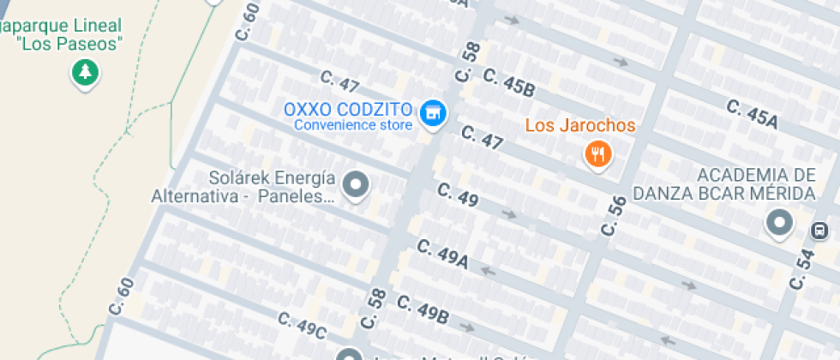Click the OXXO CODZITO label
click(350, 110)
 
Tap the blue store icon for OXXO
click(434, 111)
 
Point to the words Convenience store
click(353, 125)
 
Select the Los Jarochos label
click(580, 126)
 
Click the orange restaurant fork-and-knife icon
click(597, 154)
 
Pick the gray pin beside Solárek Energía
click(355, 184)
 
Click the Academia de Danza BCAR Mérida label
click(723, 184)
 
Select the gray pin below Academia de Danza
click(779, 223)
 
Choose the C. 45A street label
click(751, 114)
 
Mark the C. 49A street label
click(442, 252)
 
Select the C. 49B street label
click(423, 309)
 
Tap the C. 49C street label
click(301, 327)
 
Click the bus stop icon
click(820, 230)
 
